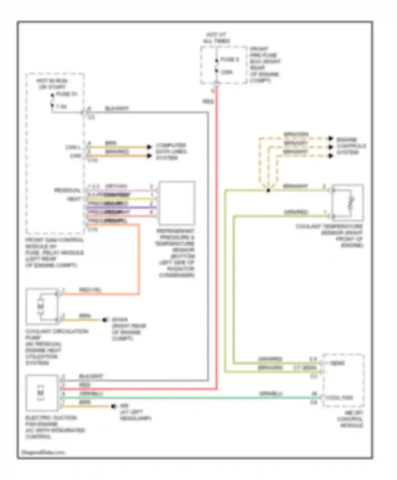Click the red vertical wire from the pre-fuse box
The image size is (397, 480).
[x=216, y=238]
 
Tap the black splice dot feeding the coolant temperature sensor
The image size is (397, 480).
[x=268, y=190]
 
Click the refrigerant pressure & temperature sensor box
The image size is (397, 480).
[x=177, y=203]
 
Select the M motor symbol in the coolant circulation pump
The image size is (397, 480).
[x=40, y=306]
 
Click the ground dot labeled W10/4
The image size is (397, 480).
[x=105, y=320]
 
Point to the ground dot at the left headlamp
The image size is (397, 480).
[x=114, y=406]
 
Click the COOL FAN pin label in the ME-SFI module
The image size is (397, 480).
[x=339, y=397]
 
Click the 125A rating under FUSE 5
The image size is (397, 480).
[x=227, y=72]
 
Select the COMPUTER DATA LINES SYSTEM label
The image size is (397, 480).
[x=171, y=151]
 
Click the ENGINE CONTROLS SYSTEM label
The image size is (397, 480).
[x=351, y=146]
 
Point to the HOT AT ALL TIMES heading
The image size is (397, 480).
[x=216, y=38]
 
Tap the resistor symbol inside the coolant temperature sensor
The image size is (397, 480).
[x=352, y=203]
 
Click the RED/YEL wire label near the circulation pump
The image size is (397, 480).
[x=90, y=290]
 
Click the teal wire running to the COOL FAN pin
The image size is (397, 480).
[x=185, y=397]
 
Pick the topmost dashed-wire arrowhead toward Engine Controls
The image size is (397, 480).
[x=330, y=138]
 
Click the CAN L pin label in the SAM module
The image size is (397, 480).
[x=73, y=147]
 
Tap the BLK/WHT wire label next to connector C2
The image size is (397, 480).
[x=117, y=108]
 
